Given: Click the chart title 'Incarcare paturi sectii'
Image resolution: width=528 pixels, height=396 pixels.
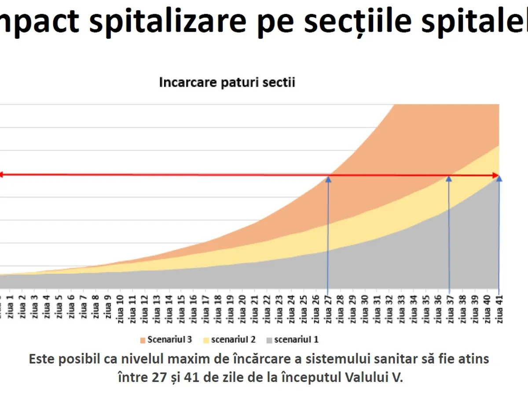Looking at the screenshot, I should coord(227,83).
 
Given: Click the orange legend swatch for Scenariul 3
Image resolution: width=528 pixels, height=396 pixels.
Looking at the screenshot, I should coord(143,340).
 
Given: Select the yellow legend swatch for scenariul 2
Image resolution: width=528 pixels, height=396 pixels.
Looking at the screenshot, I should coord(206,340).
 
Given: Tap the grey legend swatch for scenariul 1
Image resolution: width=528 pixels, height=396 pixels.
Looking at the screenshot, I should coord(269,340).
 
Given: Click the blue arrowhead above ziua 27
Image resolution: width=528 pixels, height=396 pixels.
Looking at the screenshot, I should coord(328,179).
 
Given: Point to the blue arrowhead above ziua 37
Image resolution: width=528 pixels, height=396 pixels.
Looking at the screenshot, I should coord(449,179).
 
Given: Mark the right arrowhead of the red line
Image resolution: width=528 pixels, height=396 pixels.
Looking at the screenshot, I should coord(496,176).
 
